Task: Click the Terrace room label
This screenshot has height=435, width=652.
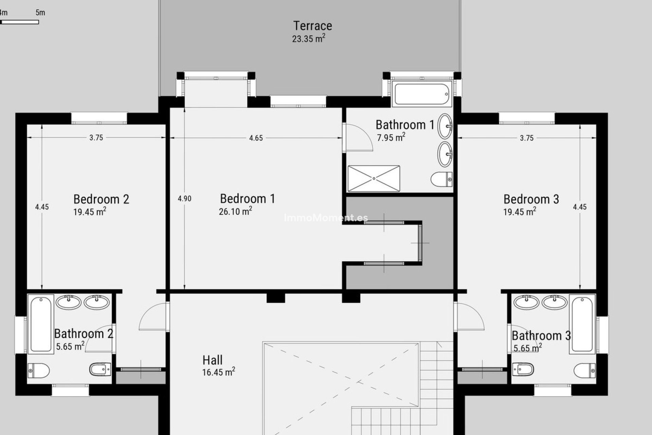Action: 312,26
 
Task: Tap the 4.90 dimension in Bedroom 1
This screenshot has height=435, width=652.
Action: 184,199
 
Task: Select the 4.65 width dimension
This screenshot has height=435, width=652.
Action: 256,138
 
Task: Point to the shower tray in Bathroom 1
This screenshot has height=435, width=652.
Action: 374,178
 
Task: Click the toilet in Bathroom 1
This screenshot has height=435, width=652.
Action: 441,179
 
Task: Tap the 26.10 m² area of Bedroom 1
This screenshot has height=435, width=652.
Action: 235,211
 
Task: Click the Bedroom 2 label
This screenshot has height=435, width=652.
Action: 101,199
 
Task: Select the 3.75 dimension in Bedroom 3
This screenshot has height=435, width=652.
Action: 526,138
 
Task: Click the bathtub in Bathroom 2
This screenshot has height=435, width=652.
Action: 41,324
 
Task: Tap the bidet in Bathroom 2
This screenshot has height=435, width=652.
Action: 100,369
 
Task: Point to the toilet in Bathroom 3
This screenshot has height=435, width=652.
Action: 584,370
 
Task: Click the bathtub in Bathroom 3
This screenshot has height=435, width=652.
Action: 582,324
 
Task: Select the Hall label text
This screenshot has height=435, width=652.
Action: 213,360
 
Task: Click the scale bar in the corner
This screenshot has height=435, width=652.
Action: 20,22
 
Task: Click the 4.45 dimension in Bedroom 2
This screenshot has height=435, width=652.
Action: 42,207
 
